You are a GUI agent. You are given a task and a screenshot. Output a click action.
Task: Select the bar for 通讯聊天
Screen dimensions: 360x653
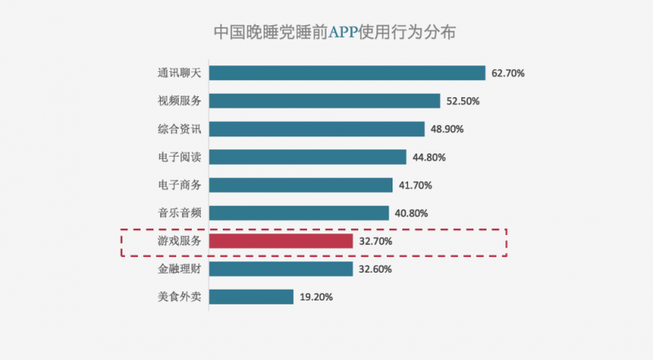(x=348, y=73)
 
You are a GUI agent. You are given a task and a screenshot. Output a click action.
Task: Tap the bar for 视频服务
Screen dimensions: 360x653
(x=325, y=101)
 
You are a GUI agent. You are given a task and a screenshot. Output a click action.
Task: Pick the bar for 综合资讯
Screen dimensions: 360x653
(x=317, y=129)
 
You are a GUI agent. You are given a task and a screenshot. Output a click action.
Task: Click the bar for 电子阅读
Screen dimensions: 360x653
(x=308, y=157)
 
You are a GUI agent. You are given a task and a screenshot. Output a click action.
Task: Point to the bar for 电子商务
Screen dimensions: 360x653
(x=301, y=185)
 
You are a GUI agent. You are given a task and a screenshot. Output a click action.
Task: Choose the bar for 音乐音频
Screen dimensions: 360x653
(x=299, y=213)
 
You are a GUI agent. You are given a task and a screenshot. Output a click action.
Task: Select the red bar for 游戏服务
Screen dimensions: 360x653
(x=281, y=242)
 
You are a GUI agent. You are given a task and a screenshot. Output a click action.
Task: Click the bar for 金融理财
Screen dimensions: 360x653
(x=281, y=269)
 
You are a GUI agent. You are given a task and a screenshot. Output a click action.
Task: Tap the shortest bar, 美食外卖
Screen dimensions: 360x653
(x=251, y=296)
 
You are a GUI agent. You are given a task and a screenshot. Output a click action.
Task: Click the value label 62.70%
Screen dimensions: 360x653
(x=508, y=73)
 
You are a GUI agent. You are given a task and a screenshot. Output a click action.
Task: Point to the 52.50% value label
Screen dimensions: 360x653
(x=463, y=101)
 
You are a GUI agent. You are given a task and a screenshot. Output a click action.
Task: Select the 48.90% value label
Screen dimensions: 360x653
(x=447, y=129)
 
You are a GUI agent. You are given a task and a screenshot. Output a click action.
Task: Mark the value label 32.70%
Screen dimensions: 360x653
(x=375, y=242)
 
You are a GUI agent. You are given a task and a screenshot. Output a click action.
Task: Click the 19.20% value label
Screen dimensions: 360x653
(x=316, y=297)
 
